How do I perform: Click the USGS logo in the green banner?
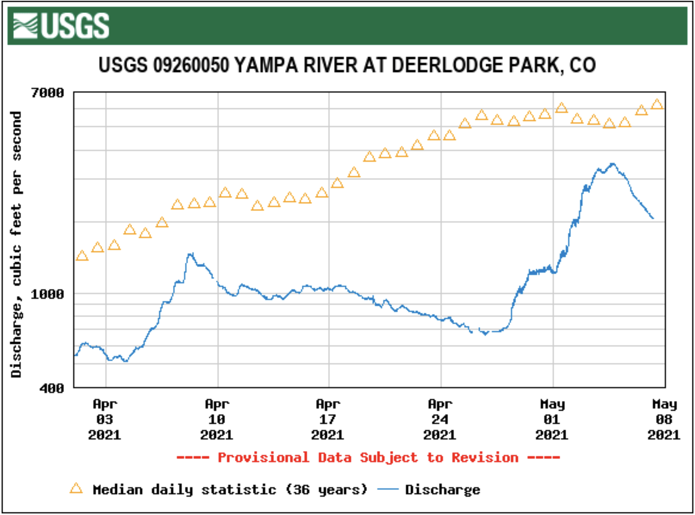(61, 26)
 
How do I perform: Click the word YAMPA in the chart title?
(266, 65)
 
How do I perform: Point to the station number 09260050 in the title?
(191, 65)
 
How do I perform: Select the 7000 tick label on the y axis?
(48, 93)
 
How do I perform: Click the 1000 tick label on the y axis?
(48, 294)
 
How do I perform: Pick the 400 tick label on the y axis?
(52, 388)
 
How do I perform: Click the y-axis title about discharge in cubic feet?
(16, 244)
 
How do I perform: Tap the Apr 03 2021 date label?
(105, 420)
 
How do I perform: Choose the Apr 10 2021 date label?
(217, 420)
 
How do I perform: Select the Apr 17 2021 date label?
(328, 420)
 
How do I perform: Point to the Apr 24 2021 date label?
(440, 420)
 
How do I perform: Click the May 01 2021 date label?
(552, 420)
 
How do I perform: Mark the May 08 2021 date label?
(664, 420)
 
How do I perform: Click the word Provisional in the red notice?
(263, 458)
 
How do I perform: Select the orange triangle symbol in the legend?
(76, 488)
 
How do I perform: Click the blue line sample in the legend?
(388, 489)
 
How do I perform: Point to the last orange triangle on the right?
(657, 105)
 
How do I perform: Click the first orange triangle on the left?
(82, 256)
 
